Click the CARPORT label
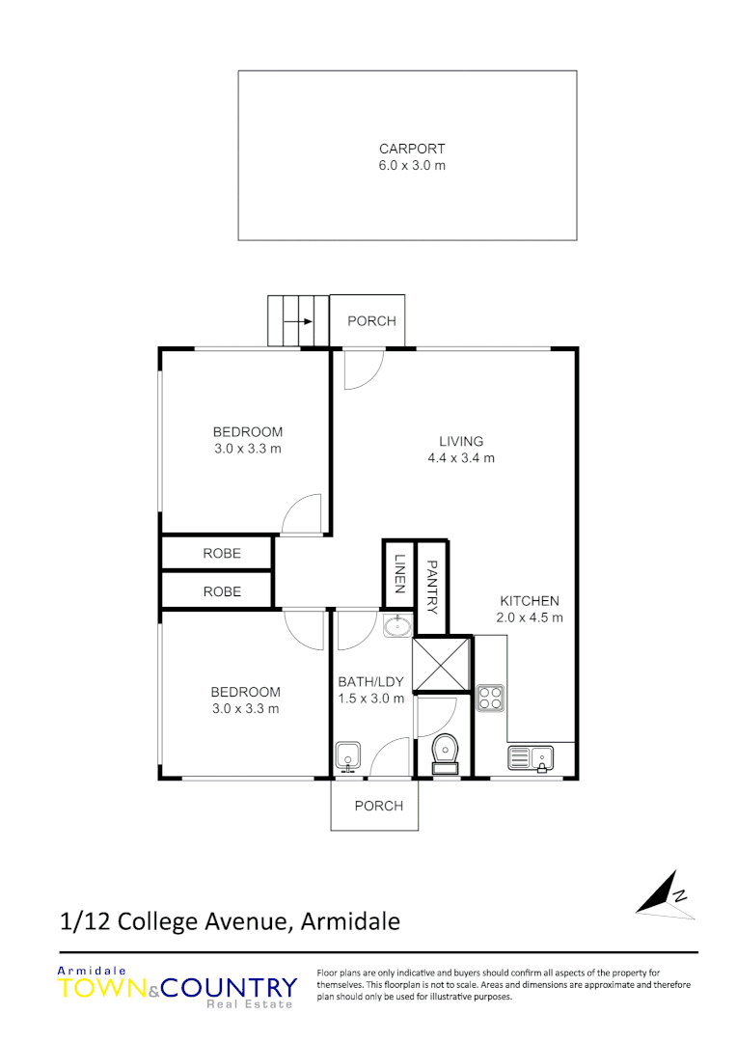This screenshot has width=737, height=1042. [x=412, y=149]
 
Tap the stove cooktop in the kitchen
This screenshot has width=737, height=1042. [x=490, y=697]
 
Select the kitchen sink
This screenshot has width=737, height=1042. [x=530, y=759]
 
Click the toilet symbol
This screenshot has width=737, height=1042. [x=446, y=752]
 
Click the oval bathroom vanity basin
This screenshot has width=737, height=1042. [x=396, y=627]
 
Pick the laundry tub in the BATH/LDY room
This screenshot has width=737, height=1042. [x=347, y=756]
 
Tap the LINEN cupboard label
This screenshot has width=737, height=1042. [x=398, y=575]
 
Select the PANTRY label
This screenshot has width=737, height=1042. [x=432, y=588]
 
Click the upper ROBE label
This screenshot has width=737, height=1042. [x=222, y=553]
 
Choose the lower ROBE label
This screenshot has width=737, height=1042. [x=222, y=591]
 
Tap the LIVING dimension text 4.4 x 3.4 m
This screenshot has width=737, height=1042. [x=461, y=458]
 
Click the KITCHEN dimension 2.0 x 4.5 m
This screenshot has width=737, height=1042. [x=531, y=617]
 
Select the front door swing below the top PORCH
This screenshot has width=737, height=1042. [x=363, y=370]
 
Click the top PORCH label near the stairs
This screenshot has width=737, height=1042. [x=371, y=320]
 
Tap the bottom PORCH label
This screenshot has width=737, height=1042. [x=379, y=806]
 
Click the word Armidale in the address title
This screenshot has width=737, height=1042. [x=350, y=921]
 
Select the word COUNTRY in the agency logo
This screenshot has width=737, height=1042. [x=229, y=988]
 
